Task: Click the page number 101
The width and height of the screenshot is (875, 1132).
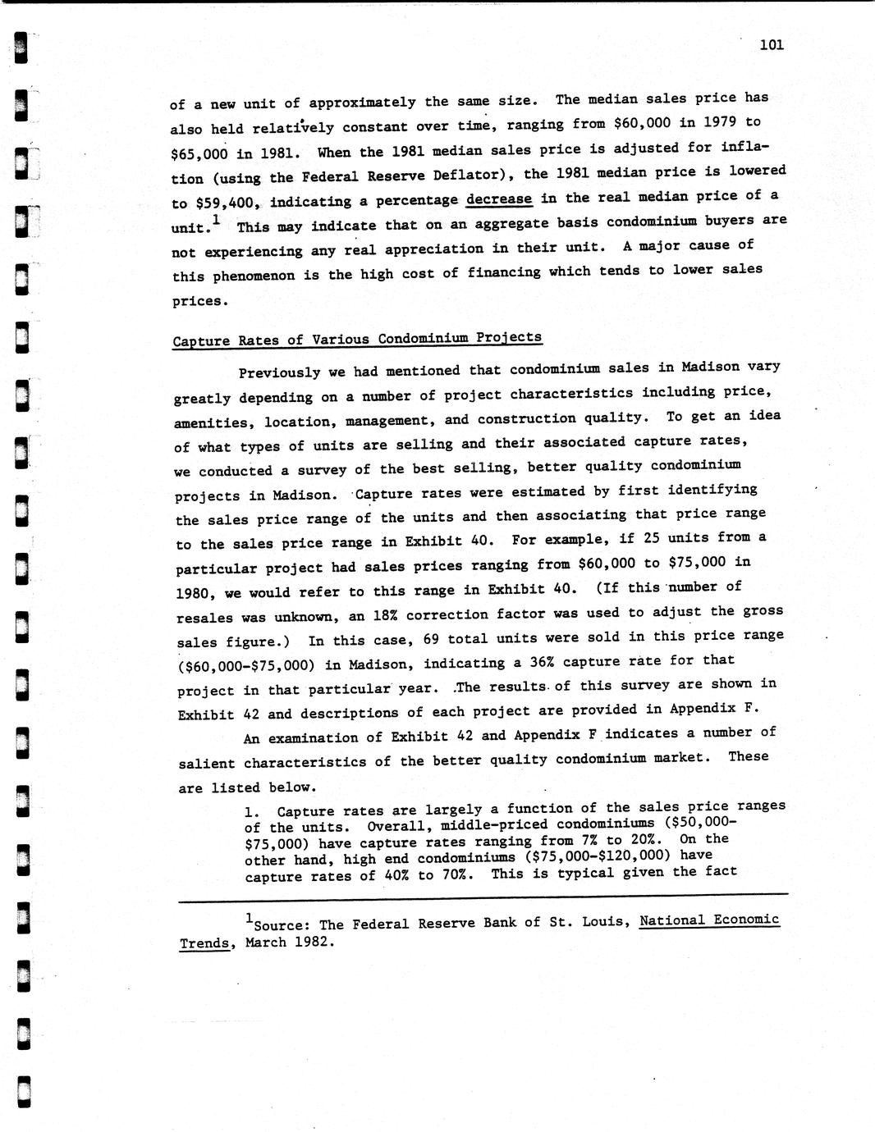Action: (x=772, y=44)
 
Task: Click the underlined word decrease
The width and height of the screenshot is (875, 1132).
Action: (x=499, y=199)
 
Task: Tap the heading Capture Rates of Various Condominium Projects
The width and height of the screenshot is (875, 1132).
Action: (x=357, y=339)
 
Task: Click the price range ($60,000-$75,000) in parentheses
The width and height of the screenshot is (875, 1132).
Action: (x=250, y=665)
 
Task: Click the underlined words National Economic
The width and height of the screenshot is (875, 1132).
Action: (x=708, y=920)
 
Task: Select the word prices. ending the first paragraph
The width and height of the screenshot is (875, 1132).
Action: (x=198, y=301)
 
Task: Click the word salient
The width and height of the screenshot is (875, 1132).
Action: (x=206, y=762)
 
